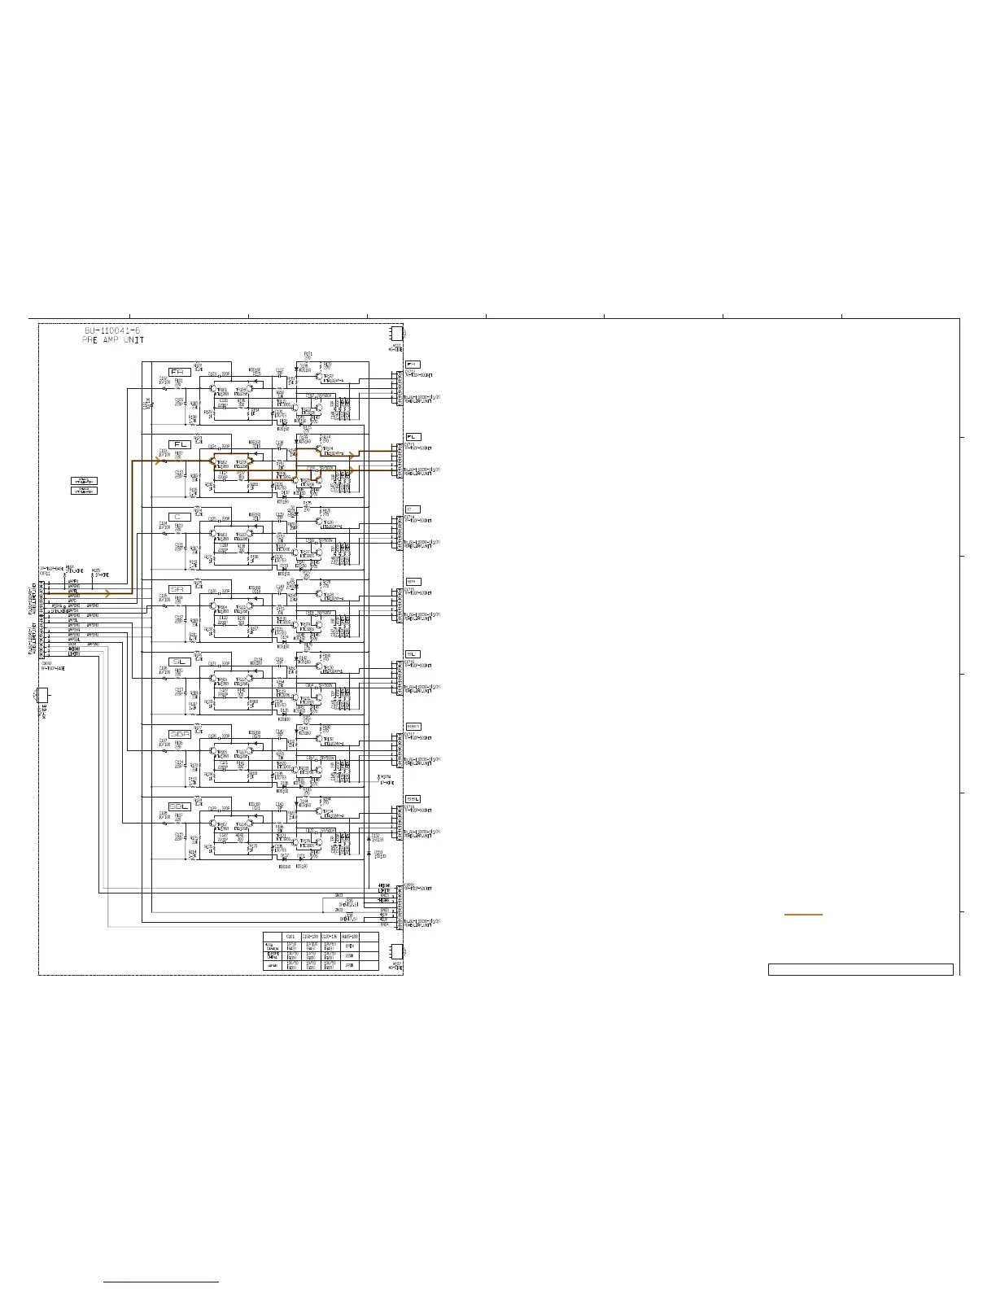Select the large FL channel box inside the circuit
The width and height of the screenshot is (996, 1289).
[180, 444]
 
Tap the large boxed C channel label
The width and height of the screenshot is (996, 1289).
[180, 517]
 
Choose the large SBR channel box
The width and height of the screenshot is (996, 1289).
[180, 734]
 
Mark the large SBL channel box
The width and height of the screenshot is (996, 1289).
[180, 806]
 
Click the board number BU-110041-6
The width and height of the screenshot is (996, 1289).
[112, 331]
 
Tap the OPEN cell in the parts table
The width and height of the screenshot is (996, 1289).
[350, 946]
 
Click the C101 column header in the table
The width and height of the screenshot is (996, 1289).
[291, 937]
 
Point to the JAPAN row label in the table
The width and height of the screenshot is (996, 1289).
[273, 965]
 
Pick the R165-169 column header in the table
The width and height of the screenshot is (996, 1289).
[350, 937]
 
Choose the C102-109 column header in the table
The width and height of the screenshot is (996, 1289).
[311, 937]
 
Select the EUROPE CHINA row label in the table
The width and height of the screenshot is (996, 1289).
[273, 955]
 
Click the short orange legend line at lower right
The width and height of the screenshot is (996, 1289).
[803, 915]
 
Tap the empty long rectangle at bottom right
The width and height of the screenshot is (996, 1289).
[860, 969]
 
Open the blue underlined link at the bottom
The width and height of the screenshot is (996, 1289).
[162, 1282]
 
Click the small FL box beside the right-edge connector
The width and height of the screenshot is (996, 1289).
[413, 437]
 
